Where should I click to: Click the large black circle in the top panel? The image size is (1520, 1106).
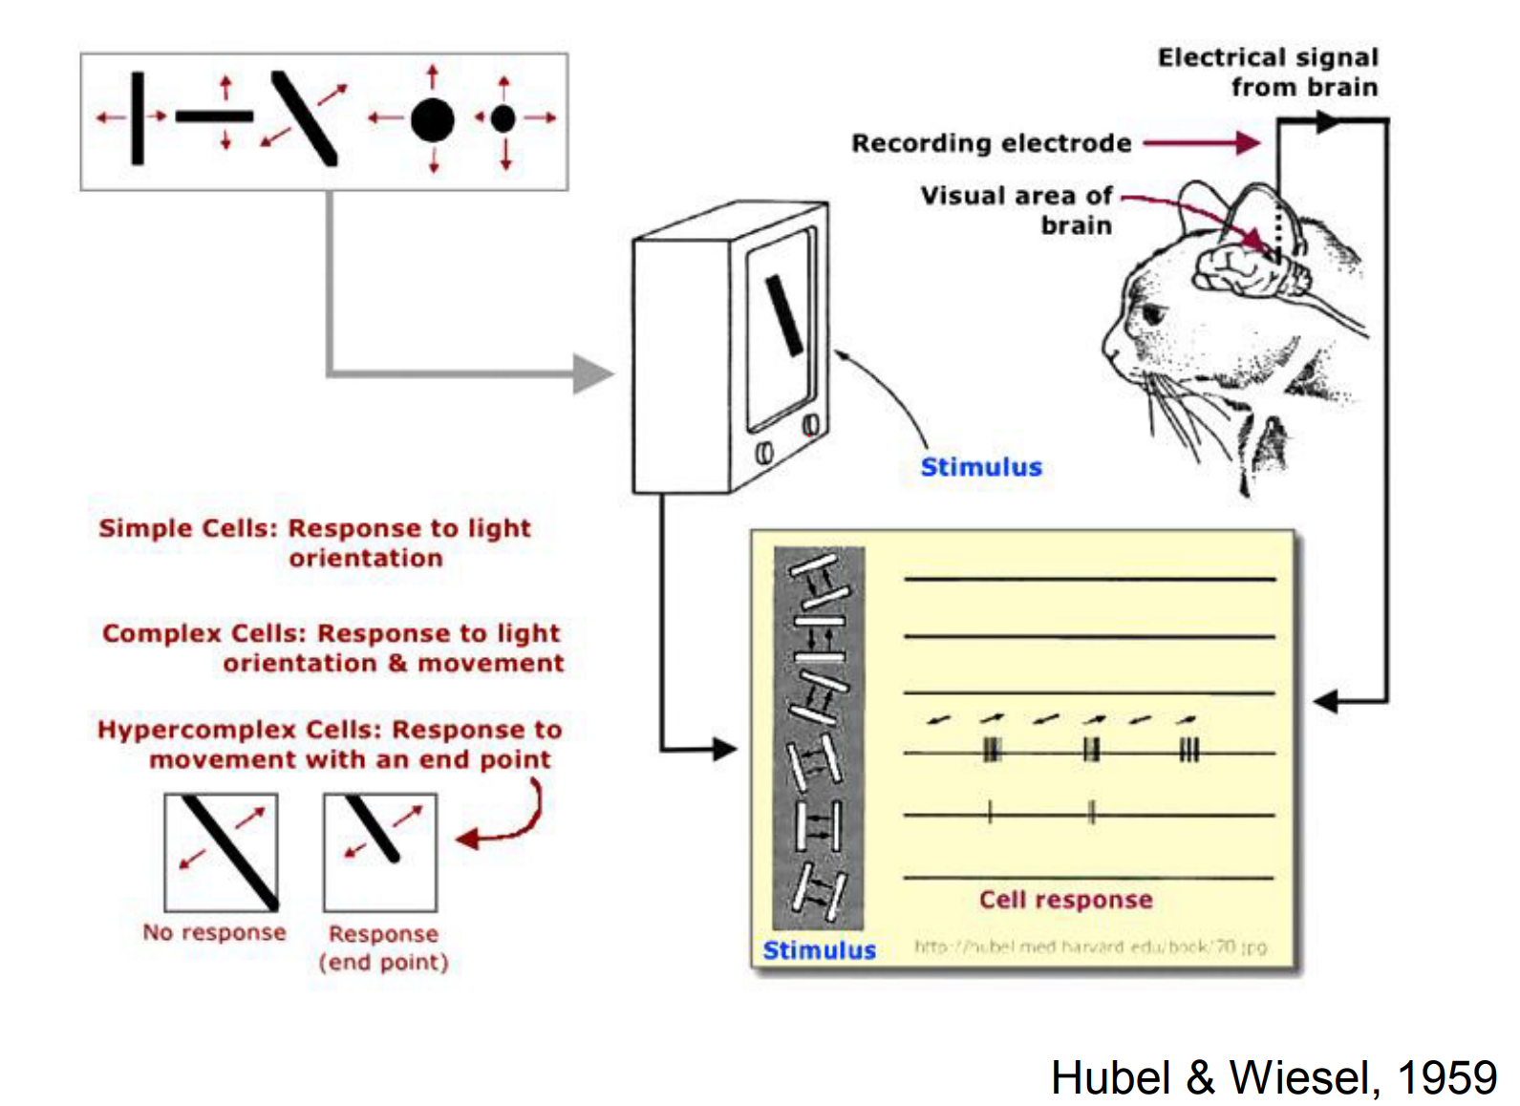432,120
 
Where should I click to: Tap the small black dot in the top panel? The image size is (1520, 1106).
503,118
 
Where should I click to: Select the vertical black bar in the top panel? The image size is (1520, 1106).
138,117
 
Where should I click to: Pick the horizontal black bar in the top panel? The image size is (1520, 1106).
214,117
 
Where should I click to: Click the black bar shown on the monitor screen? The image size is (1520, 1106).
784,316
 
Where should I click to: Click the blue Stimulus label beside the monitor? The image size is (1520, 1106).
980,467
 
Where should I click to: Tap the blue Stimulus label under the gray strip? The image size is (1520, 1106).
819,950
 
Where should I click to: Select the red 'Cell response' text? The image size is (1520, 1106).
1065,900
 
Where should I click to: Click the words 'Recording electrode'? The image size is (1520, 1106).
991,143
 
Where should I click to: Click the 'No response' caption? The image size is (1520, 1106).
214,932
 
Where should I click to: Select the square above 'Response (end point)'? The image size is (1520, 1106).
380,852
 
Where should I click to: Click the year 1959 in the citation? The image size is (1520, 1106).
1446,1078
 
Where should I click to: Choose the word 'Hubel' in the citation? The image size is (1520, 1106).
1110,1078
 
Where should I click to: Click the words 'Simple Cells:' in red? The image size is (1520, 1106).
188,528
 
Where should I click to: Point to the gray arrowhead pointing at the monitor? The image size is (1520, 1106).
592,373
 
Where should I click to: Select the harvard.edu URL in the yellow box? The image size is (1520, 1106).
1090,946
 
